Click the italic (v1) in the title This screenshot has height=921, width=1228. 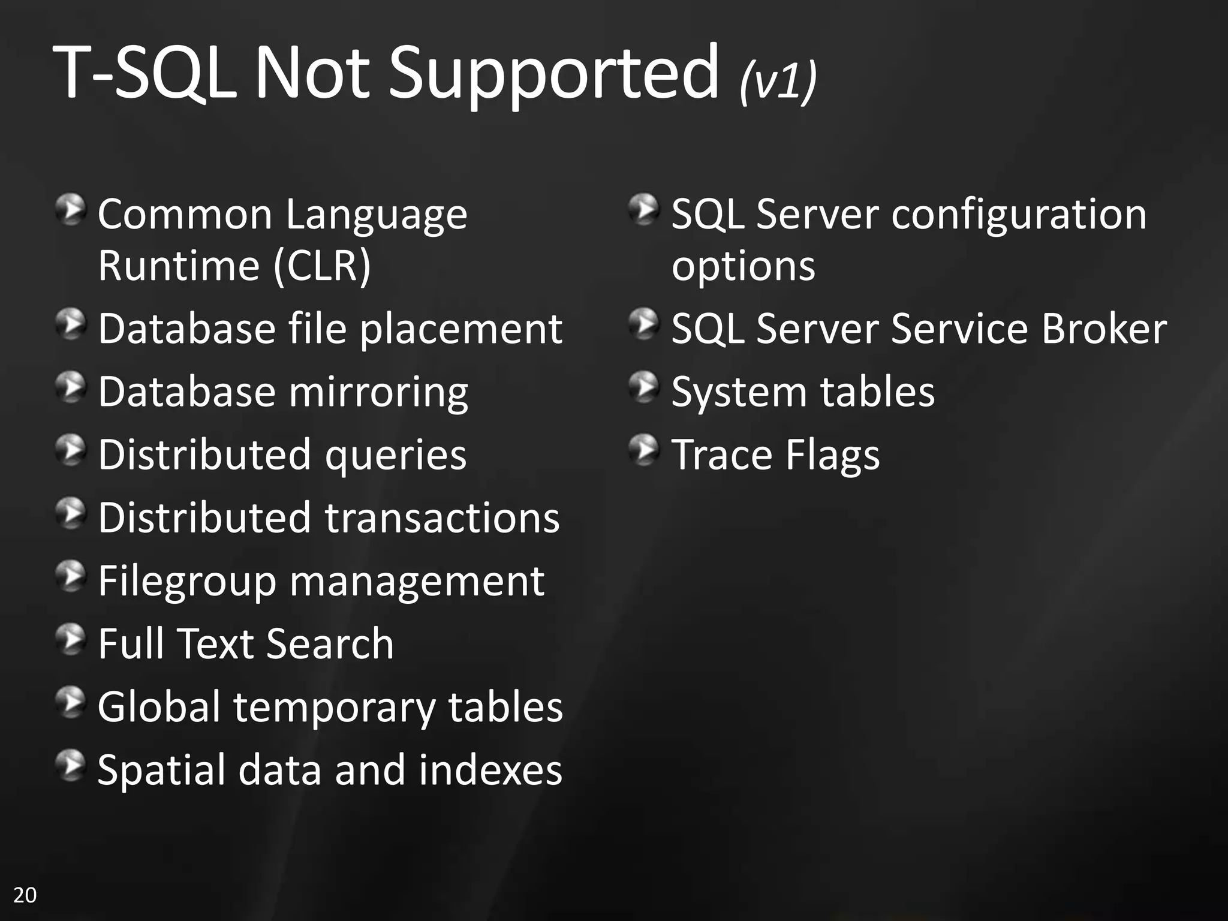coord(778,81)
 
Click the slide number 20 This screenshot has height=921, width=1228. coord(25,895)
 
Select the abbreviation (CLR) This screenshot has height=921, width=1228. coord(322,265)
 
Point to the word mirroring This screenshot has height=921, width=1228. coord(378,393)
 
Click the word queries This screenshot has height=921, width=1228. coord(395,455)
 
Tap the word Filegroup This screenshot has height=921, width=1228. coord(186,582)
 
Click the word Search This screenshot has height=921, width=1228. coord(330,644)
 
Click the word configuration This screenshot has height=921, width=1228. coord(1019,214)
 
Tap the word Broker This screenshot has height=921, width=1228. coord(1104,329)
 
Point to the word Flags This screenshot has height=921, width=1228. coord(832,455)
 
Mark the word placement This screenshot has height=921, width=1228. coord(460,329)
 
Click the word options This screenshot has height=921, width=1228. coord(743,266)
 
